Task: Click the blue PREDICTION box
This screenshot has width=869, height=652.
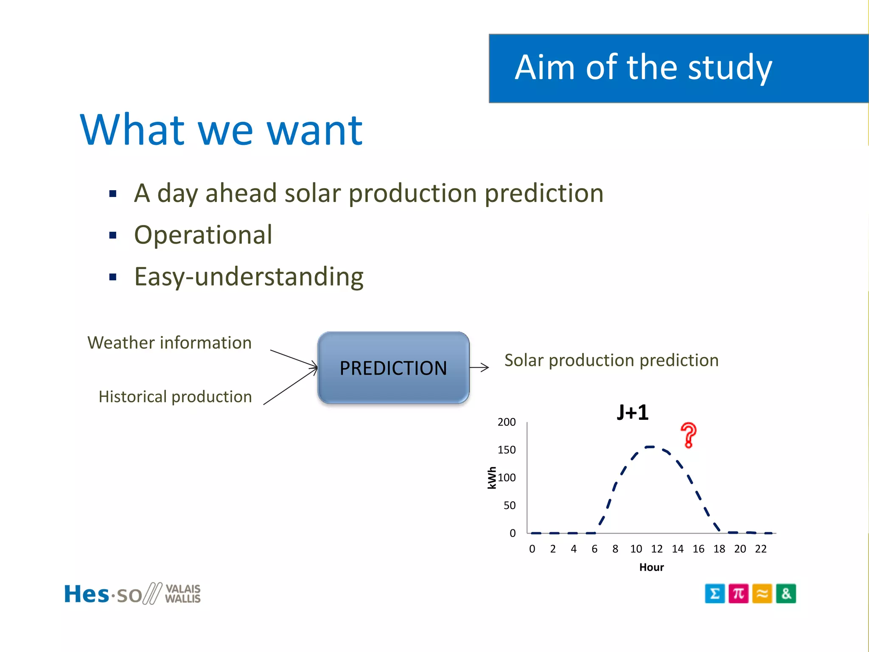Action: coord(393,368)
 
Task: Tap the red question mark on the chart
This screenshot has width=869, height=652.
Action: coord(688,436)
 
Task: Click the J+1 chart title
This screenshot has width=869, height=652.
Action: coord(632,413)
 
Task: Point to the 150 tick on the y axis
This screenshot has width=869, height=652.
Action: coord(507,450)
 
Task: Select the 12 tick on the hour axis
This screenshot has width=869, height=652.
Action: coord(656,549)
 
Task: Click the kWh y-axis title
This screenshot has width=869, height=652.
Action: coord(492,478)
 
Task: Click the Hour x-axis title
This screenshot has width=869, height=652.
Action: coord(651,568)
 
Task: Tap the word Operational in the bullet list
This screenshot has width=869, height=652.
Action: coord(203,235)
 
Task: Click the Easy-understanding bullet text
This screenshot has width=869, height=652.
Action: coord(249,277)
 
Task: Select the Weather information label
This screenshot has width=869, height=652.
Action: coord(169,343)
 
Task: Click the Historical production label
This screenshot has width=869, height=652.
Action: coord(175,397)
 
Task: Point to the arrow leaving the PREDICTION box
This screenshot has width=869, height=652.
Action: coord(479,368)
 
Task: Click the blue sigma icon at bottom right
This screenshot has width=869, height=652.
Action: coord(715,593)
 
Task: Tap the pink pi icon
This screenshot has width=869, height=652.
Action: coord(738,593)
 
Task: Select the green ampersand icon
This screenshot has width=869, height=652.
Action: coord(786,593)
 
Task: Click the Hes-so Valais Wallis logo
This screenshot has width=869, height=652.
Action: coord(132,593)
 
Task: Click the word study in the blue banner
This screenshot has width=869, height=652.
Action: coord(730,68)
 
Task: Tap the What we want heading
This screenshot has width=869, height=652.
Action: coord(221,130)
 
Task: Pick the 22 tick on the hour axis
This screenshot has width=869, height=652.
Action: coord(760,549)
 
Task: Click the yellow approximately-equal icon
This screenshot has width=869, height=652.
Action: coord(762,593)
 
